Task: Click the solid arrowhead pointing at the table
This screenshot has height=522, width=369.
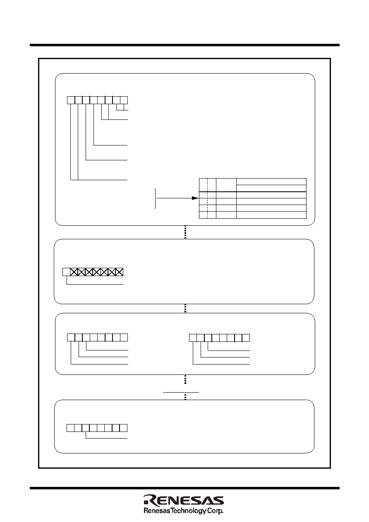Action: pyautogui.click(x=195, y=198)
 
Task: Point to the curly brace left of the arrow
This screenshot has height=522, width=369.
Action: pyautogui.click(x=156, y=198)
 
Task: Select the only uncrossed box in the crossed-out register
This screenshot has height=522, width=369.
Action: pyautogui.click(x=66, y=272)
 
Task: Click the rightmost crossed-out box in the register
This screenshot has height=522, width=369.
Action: pyautogui.click(x=119, y=272)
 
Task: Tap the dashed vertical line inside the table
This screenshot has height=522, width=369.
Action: pyautogui.click(x=207, y=198)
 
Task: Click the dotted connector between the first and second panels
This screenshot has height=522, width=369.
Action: pyautogui.click(x=185, y=232)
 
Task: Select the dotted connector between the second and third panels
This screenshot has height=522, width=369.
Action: pyautogui.click(x=185, y=308)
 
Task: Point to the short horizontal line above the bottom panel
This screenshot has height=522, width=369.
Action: pyautogui.click(x=181, y=392)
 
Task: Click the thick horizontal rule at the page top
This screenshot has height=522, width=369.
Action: pyautogui.click(x=184, y=45)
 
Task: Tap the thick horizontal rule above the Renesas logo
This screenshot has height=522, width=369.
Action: pyautogui.click(x=184, y=488)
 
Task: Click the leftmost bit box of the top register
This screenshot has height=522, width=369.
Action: pyautogui.click(x=71, y=100)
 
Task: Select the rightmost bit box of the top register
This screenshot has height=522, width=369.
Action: pyautogui.click(x=124, y=100)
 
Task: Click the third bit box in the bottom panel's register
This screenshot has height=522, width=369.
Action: pyautogui.click(x=86, y=428)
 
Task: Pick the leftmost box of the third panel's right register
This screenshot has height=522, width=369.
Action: pyautogui.click(x=193, y=338)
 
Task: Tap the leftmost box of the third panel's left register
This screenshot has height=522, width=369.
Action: pyautogui.click(x=71, y=337)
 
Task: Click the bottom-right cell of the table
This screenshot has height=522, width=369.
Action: pyautogui.click(x=271, y=215)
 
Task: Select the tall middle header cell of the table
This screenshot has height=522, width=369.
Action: pyautogui.click(x=226, y=185)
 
